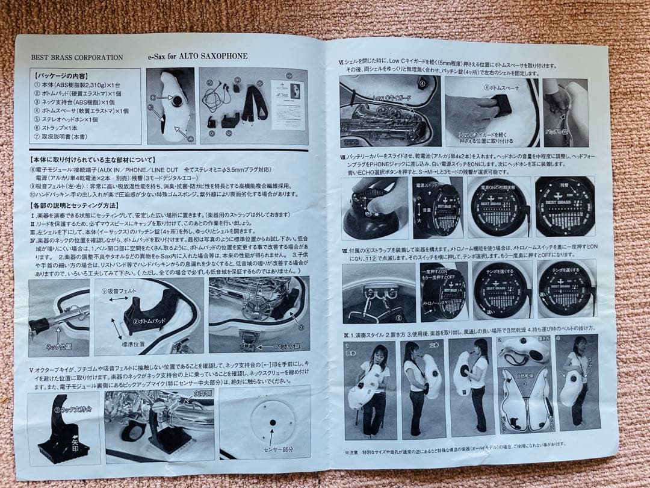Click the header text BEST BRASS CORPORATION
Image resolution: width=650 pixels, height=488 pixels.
[x=77, y=58]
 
